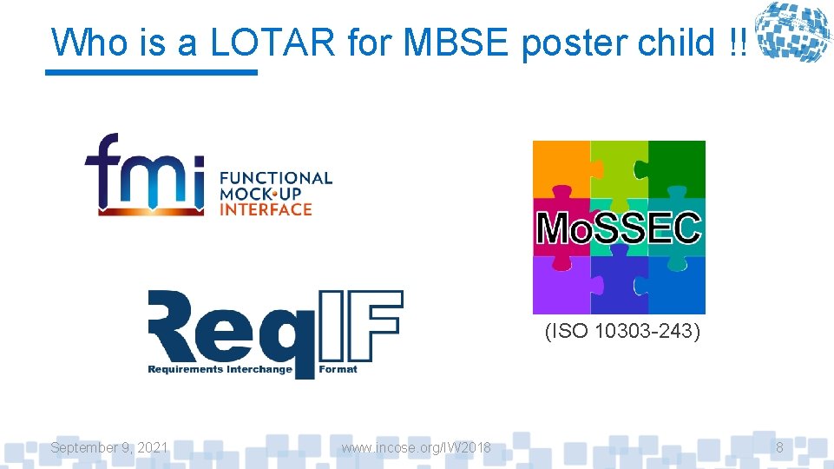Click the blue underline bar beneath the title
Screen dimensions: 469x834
point(152,72)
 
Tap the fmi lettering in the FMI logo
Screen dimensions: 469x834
point(144,174)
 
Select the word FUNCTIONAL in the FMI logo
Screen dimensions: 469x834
point(276,178)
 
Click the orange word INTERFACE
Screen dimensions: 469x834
point(266,209)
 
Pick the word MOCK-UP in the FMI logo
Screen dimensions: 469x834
point(260,194)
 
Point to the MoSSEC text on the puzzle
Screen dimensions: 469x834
point(618,228)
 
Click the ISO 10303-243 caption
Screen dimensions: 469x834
point(622,331)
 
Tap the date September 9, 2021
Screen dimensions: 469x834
point(109,447)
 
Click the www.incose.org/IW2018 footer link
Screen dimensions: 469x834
point(416,447)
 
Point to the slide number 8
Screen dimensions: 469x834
point(779,447)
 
